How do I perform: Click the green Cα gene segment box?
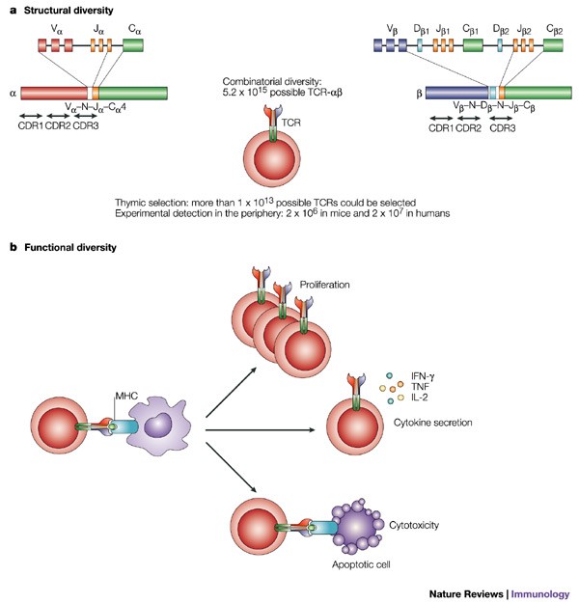133,45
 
